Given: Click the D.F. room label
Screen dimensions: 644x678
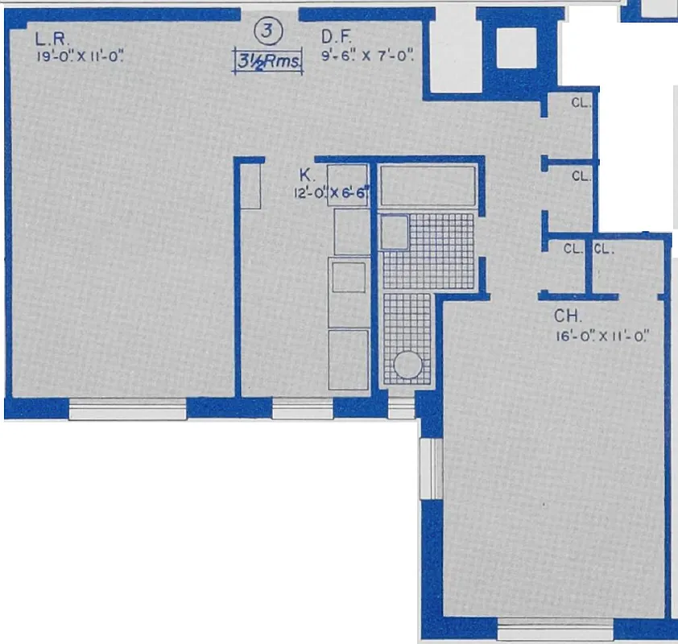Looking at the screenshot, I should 335,37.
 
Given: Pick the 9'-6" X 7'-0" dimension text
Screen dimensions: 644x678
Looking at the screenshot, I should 367,56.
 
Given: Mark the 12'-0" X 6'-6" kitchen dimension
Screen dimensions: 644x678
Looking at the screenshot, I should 330,193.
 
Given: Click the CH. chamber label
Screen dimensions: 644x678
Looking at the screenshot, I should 563,316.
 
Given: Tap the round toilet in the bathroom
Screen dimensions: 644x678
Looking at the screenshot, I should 407,365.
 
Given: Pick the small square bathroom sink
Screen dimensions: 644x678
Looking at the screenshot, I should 394,232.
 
